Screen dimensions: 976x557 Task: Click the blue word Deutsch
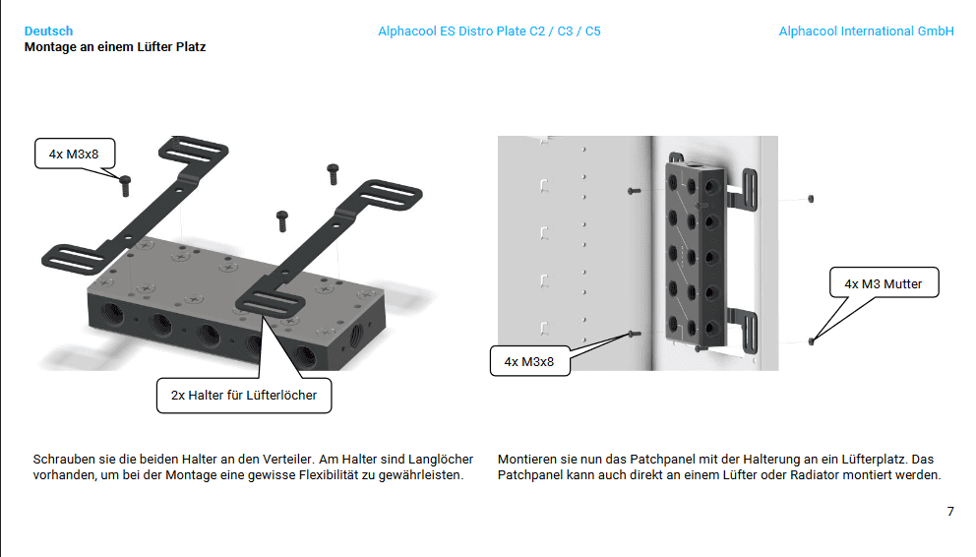click(48, 31)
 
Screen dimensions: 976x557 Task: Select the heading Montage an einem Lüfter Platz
click(115, 46)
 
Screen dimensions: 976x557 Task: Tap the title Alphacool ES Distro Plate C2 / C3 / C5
click(489, 31)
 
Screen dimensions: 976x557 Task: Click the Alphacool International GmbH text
click(866, 31)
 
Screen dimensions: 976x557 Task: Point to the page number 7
click(950, 512)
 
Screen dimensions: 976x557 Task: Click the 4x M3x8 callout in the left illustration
click(75, 154)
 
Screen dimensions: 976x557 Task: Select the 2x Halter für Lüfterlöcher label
click(244, 396)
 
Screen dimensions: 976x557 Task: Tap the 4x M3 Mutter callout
click(884, 283)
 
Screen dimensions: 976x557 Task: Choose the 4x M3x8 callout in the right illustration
click(529, 361)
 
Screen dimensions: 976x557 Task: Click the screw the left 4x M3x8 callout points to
click(125, 185)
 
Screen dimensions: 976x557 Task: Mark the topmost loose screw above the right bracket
click(333, 173)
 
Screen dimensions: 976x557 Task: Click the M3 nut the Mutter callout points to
click(811, 341)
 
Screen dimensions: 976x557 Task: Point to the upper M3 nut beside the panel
click(811, 199)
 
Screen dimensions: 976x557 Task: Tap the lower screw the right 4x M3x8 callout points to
click(635, 335)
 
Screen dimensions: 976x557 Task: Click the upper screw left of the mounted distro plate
click(634, 191)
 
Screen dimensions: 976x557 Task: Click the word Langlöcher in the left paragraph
click(441, 460)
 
